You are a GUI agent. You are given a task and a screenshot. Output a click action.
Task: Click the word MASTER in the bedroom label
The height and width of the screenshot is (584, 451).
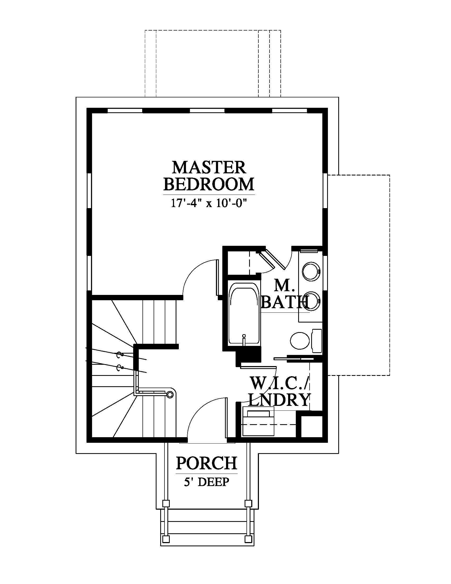tap(209, 168)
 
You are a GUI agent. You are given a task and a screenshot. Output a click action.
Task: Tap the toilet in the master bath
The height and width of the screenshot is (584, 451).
tap(306, 341)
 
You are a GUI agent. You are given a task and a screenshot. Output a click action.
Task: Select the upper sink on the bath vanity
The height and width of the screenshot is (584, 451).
tap(311, 272)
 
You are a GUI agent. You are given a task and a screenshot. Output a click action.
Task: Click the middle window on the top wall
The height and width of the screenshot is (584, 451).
tap(207, 111)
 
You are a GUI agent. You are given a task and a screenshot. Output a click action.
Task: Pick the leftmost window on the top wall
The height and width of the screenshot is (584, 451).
tap(124, 111)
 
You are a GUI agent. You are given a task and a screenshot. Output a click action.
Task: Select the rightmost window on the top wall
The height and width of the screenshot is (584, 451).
tap(289, 111)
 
